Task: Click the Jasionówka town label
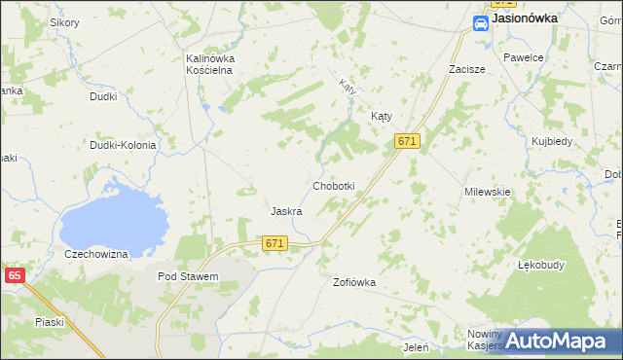tap(525, 18)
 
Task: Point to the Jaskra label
tap(285, 211)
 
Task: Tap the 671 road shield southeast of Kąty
tap(407, 141)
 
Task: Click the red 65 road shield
tap(14, 275)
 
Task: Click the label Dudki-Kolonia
tap(123, 145)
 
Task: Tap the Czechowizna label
tap(96, 254)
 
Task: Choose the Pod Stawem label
tap(188, 276)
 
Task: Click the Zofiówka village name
tap(353, 282)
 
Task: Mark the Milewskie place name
tap(488, 192)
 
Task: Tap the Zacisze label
tap(466, 70)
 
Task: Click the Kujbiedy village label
tap(552, 141)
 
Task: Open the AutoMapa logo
tap(555, 341)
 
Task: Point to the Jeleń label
tap(416, 346)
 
